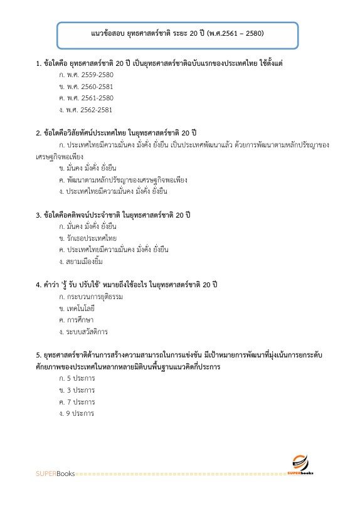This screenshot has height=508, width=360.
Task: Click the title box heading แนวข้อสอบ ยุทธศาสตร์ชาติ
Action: tap(177, 33)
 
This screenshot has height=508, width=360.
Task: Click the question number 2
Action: tap(39, 134)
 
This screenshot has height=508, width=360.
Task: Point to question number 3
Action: tap(39, 215)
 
